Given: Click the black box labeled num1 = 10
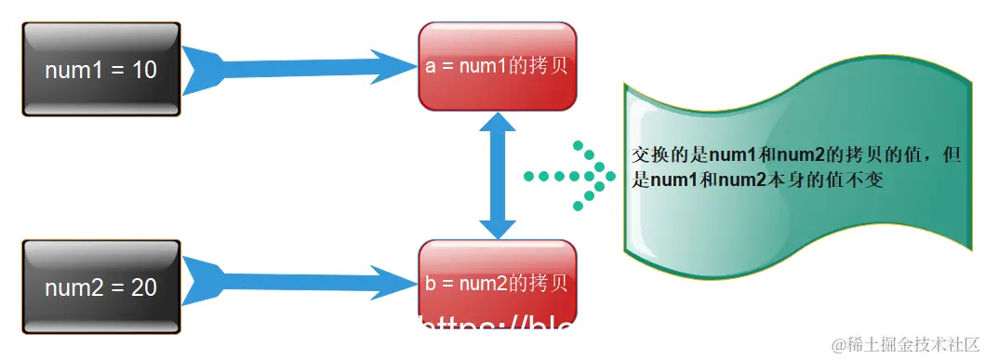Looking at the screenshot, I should coord(100,70).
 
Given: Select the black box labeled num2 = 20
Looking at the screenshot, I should coord(100,287).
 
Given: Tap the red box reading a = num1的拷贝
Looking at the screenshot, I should coord(498,67).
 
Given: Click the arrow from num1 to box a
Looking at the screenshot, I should coord(298,67).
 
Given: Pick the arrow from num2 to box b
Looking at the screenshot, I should coord(298,280).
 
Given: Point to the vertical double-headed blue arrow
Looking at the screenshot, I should coord(498,175).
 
